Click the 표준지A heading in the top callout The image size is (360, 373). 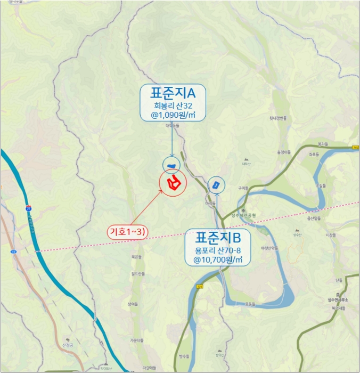click(x=171, y=93)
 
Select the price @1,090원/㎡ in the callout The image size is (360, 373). click(x=171, y=113)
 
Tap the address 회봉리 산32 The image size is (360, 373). click(x=171, y=104)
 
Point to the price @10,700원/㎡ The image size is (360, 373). click(x=218, y=259)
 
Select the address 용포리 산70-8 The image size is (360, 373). click(x=218, y=249)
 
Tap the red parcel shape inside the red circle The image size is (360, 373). click(x=173, y=184)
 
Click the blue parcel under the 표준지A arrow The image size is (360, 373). click(x=171, y=166)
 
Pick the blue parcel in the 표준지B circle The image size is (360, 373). click(x=216, y=185)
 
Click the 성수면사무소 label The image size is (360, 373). click(x=338, y=301)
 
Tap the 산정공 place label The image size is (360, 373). click(x=67, y=345)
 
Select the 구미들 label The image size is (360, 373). click(x=244, y=188)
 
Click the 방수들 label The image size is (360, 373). click(x=184, y=355)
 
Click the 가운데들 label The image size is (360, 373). click(x=137, y=340)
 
